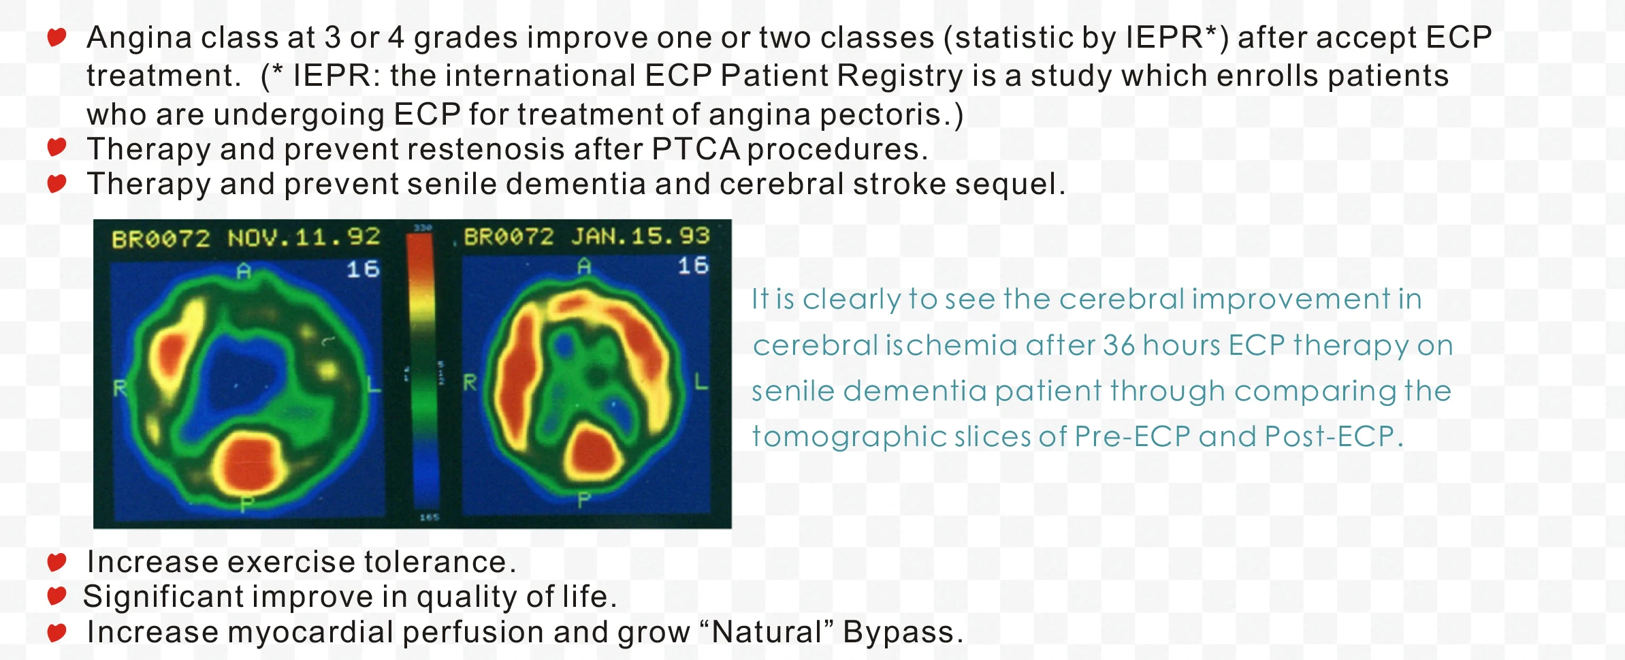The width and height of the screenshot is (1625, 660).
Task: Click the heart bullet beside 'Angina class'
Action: [x=57, y=36]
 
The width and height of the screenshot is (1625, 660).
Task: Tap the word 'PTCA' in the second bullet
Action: [x=695, y=149]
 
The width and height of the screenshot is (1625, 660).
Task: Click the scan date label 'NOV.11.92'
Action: [x=304, y=237]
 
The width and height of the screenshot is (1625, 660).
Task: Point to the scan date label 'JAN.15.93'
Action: [x=640, y=236]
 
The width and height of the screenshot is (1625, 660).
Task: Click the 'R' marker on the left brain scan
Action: [x=120, y=389]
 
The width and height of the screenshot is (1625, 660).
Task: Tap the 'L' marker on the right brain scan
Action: [x=701, y=381]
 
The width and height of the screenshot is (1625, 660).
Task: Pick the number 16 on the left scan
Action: [x=363, y=269]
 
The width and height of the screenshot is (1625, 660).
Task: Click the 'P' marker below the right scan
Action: [x=583, y=501]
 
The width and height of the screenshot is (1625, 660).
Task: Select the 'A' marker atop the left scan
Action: [x=243, y=272]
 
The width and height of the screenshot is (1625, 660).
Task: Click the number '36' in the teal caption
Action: [x=1118, y=345]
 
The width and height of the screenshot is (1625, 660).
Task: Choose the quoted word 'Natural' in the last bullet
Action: [x=767, y=632]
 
